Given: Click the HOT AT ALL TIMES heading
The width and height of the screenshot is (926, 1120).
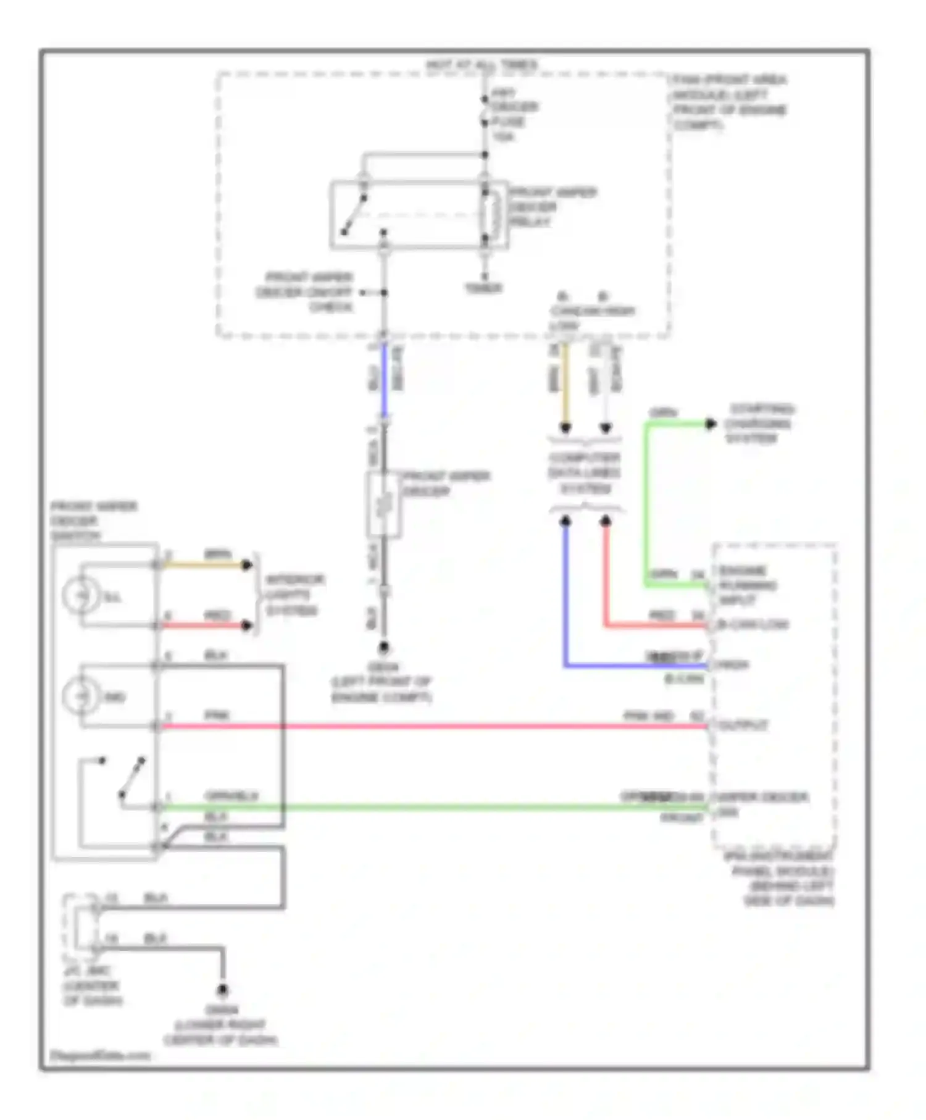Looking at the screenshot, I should coord(482,64).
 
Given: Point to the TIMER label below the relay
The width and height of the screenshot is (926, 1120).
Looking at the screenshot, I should coord(483,288).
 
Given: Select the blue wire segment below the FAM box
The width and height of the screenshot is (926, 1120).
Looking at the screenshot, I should coord(384,380).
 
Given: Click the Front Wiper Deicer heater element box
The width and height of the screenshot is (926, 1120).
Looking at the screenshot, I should coord(383,504).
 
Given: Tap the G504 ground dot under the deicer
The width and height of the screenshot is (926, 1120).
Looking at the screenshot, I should coord(383,648).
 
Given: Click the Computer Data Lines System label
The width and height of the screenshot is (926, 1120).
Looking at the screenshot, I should coord(584,473).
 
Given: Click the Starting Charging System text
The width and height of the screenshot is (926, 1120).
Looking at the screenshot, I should coord(758,424).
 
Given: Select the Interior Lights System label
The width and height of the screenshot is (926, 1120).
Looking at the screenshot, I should coord(294,595).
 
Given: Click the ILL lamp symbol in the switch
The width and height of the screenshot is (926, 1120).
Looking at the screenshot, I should coord(81,595).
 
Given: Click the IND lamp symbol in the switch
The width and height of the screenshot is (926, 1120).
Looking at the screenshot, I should coord(81,696).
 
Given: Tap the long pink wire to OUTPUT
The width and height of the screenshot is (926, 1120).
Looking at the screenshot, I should coord(432,726).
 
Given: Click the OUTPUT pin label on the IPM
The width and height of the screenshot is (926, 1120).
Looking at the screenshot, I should coord(743,725).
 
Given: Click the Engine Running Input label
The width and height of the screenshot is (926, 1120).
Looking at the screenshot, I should coord(746,585).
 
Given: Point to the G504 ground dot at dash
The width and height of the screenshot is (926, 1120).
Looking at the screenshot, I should coord(222,990).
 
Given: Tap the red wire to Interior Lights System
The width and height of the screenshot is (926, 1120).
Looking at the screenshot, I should coord(204,625).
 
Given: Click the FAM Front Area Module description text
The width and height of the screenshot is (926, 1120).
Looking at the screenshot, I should coord(728,102).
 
